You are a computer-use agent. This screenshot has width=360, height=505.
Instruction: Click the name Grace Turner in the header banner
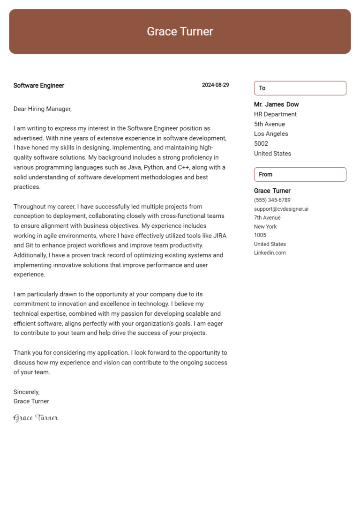(x=180, y=31)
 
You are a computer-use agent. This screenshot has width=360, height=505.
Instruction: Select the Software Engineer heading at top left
(x=39, y=86)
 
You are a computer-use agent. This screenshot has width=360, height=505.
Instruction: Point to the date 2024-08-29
(x=215, y=85)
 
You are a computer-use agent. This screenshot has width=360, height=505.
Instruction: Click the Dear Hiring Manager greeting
(x=43, y=109)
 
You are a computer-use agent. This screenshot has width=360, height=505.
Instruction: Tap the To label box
(x=300, y=88)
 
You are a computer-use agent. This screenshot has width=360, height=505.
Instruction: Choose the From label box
(x=300, y=174)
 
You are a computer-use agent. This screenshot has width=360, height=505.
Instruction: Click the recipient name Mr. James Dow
(x=276, y=104)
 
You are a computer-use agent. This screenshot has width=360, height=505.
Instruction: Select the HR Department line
(x=275, y=114)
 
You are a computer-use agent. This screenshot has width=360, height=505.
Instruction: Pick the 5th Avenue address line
(x=270, y=124)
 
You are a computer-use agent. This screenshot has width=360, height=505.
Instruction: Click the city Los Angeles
(x=271, y=134)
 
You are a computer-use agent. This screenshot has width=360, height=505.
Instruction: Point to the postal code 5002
(x=261, y=144)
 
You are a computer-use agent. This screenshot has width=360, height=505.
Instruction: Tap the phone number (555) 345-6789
(x=272, y=200)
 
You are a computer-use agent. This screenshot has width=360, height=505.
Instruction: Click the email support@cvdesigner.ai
(x=281, y=209)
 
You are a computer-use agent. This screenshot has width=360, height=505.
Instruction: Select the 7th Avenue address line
(x=267, y=218)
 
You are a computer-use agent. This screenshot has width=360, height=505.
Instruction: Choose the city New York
(x=265, y=227)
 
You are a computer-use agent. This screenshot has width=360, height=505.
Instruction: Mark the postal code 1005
(x=260, y=235)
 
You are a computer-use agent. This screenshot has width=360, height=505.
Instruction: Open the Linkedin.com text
(x=270, y=253)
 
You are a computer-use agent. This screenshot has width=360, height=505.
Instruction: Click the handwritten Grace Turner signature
(x=36, y=418)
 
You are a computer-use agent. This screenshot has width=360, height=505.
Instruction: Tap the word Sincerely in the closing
(x=26, y=392)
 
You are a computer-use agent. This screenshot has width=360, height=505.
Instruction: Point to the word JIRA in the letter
(x=219, y=236)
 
